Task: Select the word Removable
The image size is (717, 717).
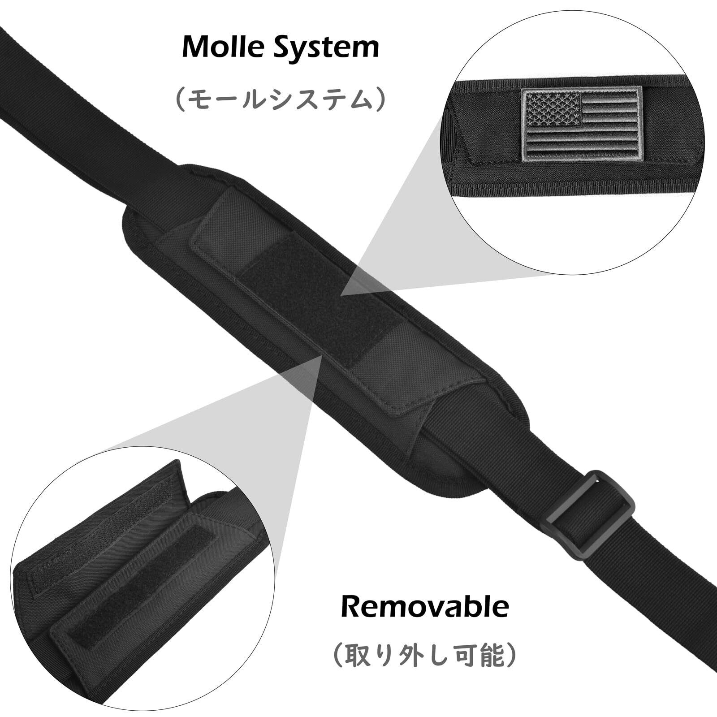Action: pos(425,607)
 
